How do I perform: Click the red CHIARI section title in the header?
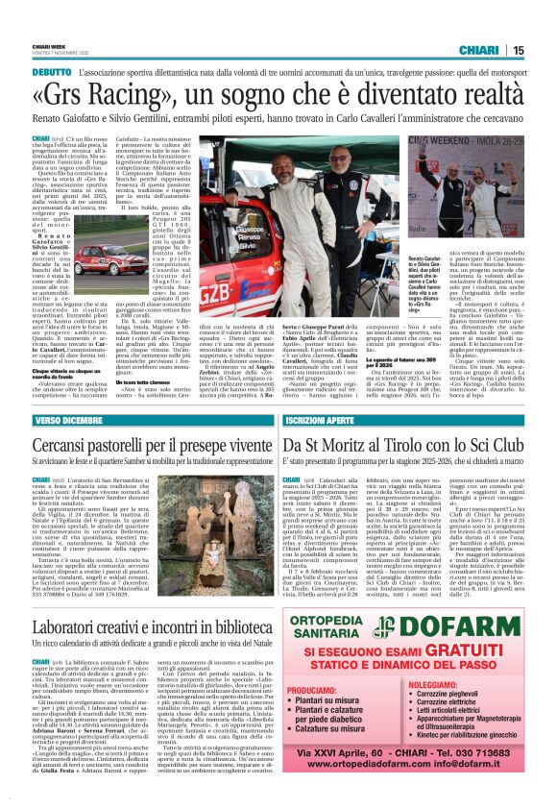click(x=478, y=50)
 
